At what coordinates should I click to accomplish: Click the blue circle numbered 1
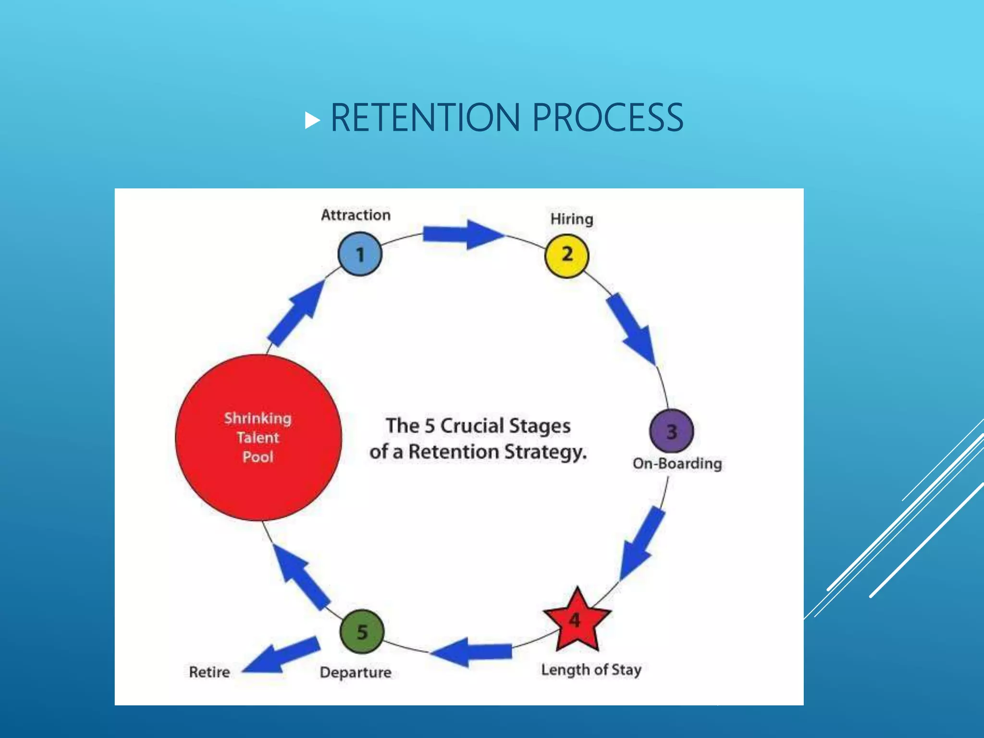pos(360,254)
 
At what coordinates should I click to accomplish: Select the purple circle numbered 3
pos(671,431)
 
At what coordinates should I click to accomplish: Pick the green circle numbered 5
pos(362,631)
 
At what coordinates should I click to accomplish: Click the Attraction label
pos(356,215)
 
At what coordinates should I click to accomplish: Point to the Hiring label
pos(572,219)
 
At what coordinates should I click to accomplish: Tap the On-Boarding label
pos(677,464)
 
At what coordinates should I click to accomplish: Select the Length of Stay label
pos(591,669)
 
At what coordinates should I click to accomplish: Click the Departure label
pos(356,672)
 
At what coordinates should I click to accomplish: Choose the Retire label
pos(209,672)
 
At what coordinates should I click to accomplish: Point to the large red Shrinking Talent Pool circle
pos(258,437)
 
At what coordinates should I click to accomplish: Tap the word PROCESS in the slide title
pos(608,118)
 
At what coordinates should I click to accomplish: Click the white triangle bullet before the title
pos(312,121)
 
